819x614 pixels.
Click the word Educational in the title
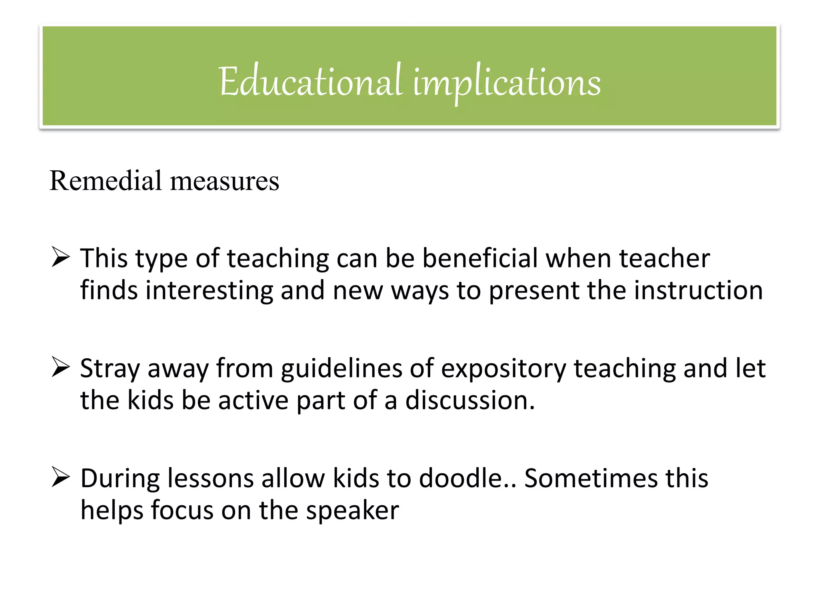(310, 82)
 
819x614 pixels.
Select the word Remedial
(105, 181)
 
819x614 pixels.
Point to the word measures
(224, 181)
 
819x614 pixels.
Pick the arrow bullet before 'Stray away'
(61, 367)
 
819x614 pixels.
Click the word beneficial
(480, 258)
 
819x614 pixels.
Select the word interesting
(209, 290)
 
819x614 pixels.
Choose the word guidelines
(341, 368)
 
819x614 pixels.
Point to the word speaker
(352, 510)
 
